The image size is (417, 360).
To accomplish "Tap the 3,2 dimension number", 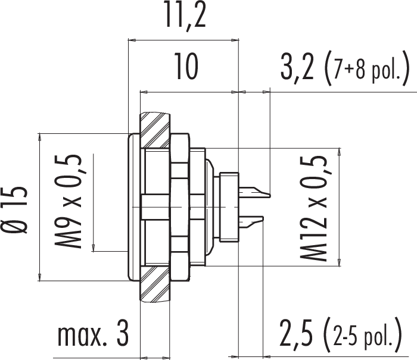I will pyautogui.click(x=298, y=70).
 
